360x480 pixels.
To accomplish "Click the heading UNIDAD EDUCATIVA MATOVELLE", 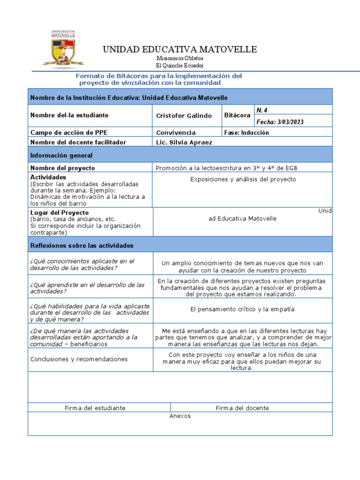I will click(x=180, y=50).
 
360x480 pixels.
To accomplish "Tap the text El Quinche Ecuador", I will click(x=180, y=66).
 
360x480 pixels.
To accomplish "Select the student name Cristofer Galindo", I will click(x=184, y=116).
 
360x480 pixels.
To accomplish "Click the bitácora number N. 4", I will click(x=262, y=110).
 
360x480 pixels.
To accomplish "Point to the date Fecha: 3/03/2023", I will click(x=280, y=122).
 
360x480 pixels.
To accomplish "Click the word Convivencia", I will click(x=176, y=133).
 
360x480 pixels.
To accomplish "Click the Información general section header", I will click(x=61, y=155).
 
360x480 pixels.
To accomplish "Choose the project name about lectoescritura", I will click(x=226, y=168).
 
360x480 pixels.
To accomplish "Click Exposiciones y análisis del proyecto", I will click(x=243, y=180).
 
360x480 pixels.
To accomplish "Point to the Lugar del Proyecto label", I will click(x=60, y=212).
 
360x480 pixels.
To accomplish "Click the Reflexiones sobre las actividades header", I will click(x=82, y=246).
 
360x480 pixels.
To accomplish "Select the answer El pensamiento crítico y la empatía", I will click(x=242, y=309).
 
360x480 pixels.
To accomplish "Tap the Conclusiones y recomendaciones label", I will click(x=79, y=360).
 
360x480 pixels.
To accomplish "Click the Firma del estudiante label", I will click(x=95, y=408).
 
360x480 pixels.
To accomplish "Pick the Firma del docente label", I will click(x=242, y=408).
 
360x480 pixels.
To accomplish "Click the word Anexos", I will click(x=180, y=416).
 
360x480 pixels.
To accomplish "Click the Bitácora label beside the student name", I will click(x=238, y=115).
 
